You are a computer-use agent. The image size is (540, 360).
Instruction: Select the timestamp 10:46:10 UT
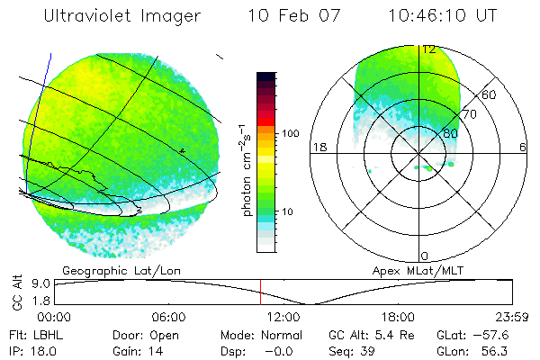444,16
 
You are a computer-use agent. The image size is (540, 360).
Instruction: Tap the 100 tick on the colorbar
290,133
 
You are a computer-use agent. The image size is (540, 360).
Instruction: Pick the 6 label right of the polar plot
523,146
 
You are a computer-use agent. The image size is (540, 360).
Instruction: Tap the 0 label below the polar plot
425,256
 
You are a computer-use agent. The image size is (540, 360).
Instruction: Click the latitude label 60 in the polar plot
490,94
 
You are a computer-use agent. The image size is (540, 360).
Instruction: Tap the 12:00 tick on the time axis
283,317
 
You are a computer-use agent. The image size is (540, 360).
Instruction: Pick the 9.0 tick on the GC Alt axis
40,282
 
